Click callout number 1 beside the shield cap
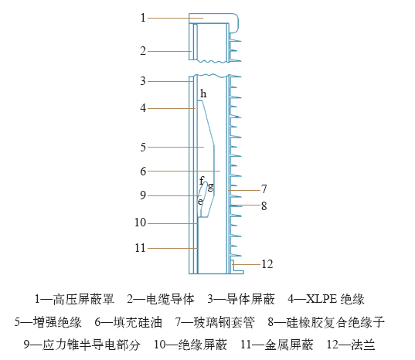pyautogui.click(x=143, y=18)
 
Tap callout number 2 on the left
pyautogui.click(x=143, y=51)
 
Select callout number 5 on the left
pyautogui.click(x=143, y=147)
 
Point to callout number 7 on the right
pyautogui.click(x=264, y=188)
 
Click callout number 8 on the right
pyautogui.click(x=264, y=205)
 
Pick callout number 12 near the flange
pyautogui.click(x=267, y=264)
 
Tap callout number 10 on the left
pyautogui.click(x=141, y=222)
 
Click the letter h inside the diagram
pyautogui.click(x=203, y=93)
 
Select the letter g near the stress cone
pyautogui.click(x=211, y=187)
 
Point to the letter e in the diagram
pyautogui.click(x=200, y=202)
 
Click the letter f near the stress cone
pyautogui.click(x=202, y=181)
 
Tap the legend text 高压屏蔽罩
pyautogui.click(x=83, y=299)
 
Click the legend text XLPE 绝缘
pyautogui.click(x=335, y=299)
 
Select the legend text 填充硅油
pyautogui.click(x=138, y=322)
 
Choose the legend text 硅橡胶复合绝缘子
pyautogui.click(x=335, y=322)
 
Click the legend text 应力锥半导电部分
pyautogui.click(x=91, y=345)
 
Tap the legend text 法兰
pyautogui.click(x=363, y=345)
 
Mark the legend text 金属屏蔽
pyautogui.click(x=289, y=345)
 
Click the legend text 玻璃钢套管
pyautogui.click(x=224, y=322)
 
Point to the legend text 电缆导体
pyautogui.click(x=170, y=299)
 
